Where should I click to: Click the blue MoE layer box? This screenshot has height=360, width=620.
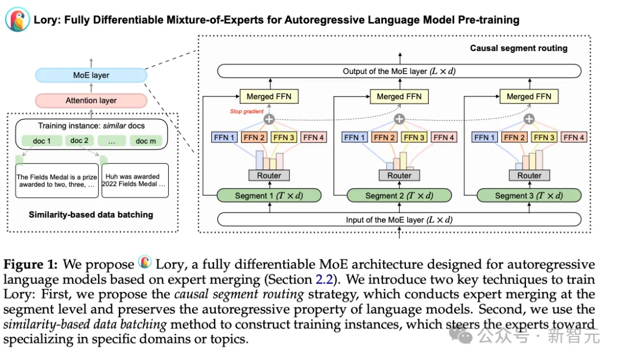pyautogui.click(x=91, y=75)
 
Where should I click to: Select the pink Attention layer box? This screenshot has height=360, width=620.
pyautogui.click(x=91, y=100)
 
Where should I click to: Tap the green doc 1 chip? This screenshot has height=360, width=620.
pyautogui.click(x=41, y=141)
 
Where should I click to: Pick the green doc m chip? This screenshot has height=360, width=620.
pyautogui.click(x=146, y=141)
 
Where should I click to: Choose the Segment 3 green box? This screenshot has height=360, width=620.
pyautogui.click(x=529, y=196)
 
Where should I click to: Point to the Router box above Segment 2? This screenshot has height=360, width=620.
pyautogui.click(x=399, y=175)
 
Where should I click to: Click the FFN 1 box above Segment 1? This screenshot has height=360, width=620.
pyautogui.click(x=224, y=138)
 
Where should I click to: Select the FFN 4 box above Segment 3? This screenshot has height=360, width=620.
pyautogui.click(x=574, y=138)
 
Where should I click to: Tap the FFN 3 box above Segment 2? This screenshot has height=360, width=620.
pyautogui.click(x=414, y=138)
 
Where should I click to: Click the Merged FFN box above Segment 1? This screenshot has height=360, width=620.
pyautogui.click(x=269, y=97)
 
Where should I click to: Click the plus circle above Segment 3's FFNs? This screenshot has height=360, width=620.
pyautogui.click(x=529, y=119)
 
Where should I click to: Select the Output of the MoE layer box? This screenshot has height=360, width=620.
pyautogui.click(x=399, y=72)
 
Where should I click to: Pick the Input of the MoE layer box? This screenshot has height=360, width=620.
pyautogui.click(x=399, y=220)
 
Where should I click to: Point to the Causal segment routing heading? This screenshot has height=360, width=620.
pyautogui.click(x=518, y=48)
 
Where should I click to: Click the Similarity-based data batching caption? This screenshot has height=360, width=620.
pyautogui.click(x=91, y=215)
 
